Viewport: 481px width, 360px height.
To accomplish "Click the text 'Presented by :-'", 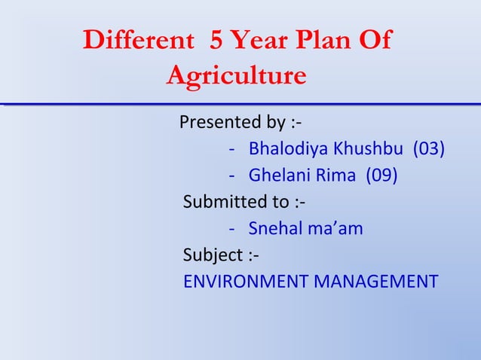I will (241, 122).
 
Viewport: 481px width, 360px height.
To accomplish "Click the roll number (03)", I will (427, 148).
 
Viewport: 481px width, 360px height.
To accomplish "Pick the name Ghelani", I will (275, 175).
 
